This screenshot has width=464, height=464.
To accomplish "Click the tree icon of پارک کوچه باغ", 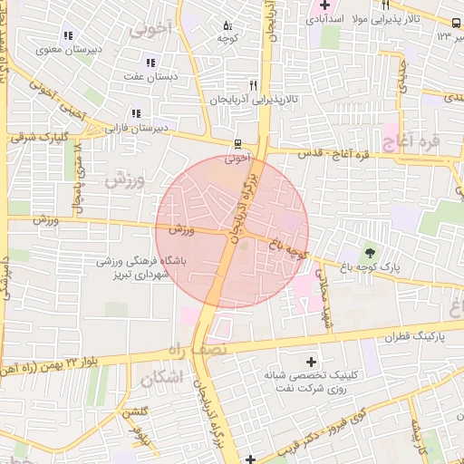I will (x=370, y=252).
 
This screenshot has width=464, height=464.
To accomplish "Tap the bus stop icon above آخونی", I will (x=237, y=143).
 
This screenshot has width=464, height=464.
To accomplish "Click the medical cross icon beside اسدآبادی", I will (x=324, y=6).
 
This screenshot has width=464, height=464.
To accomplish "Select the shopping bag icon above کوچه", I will (x=227, y=25).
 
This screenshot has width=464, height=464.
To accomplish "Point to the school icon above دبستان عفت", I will (x=150, y=63).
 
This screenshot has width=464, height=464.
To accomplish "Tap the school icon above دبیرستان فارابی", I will (x=136, y=114).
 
